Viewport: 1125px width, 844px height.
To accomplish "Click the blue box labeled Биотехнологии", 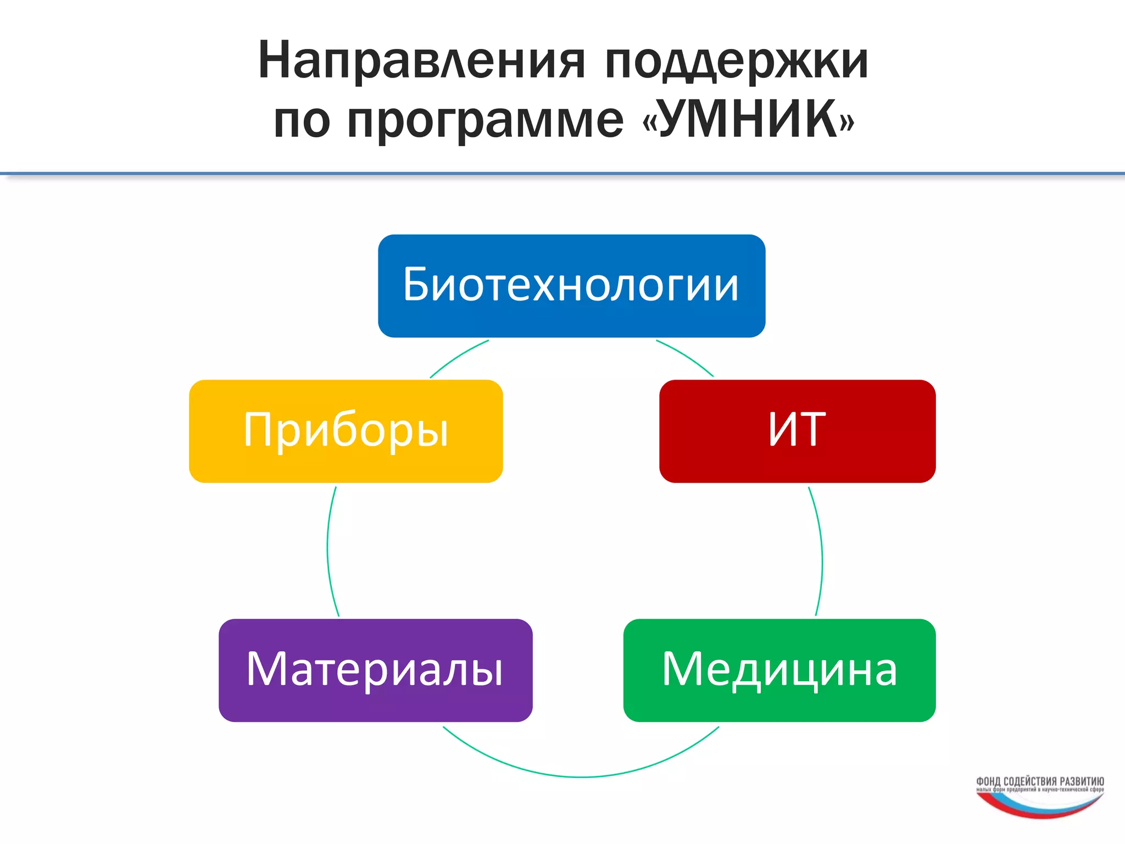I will click(571, 286).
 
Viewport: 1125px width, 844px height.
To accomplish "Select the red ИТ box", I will click(797, 431).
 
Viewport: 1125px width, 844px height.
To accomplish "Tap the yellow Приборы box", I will click(346, 431).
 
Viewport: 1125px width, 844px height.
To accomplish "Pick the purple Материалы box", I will click(375, 670).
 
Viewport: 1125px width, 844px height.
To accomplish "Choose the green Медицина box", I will click(779, 670).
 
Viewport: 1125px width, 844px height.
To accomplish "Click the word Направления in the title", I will click(421, 62).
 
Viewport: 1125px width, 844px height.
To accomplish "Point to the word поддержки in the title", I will click(736, 62).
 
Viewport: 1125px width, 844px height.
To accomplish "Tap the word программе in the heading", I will click(486, 121).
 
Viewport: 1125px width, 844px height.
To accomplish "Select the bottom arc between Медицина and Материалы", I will click(581, 776).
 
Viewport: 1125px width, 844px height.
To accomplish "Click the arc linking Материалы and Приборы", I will click(328, 549).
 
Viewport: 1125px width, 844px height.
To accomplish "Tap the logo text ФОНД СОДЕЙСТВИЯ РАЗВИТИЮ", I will click(1040, 781).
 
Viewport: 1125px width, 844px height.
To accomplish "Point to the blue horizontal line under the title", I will click(562, 174).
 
